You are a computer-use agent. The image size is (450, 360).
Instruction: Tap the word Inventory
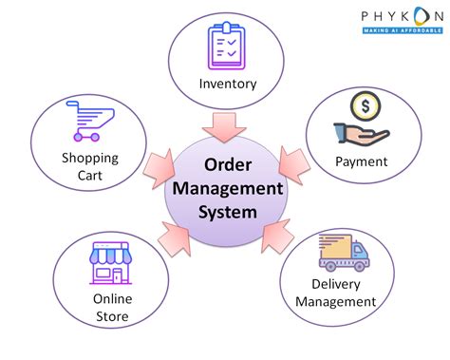click(x=228, y=83)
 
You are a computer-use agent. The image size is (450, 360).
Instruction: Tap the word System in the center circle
click(x=226, y=211)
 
